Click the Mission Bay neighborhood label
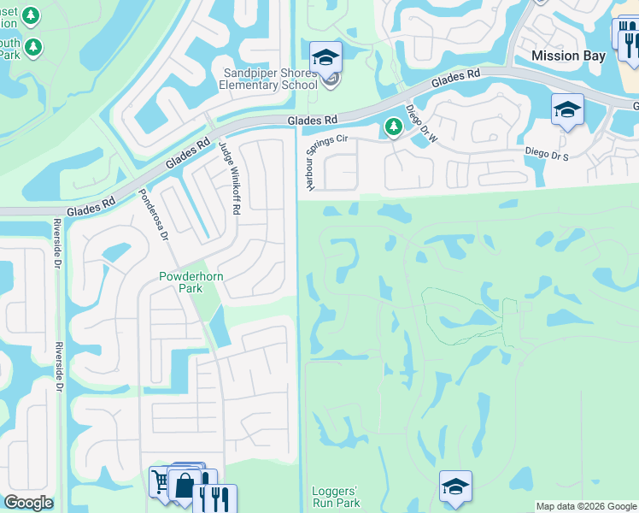[x=568, y=56]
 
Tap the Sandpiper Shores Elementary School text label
[x=270, y=79]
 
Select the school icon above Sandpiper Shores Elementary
[x=325, y=57]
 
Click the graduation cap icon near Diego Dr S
[x=567, y=109]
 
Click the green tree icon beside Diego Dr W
[x=393, y=127]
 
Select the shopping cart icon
[x=161, y=481]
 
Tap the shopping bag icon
[x=185, y=485]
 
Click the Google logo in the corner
[x=28, y=503]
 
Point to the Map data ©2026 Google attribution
[x=586, y=506]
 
